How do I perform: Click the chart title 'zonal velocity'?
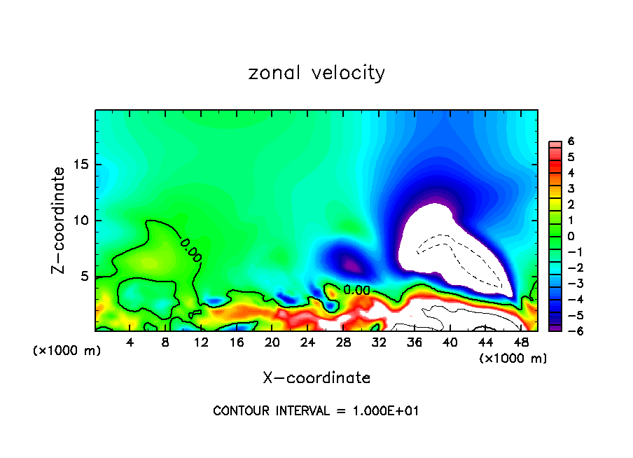(x=316, y=73)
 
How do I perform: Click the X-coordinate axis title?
(x=316, y=378)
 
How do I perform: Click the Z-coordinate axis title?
(x=61, y=220)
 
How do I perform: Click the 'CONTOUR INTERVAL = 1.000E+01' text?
(x=316, y=411)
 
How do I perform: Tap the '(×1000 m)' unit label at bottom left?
(x=67, y=350)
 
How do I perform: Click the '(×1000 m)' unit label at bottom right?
(x=513, y=359)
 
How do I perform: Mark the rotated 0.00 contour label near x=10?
(x=191, y=249)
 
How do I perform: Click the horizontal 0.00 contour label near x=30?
(x=356, y=289)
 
